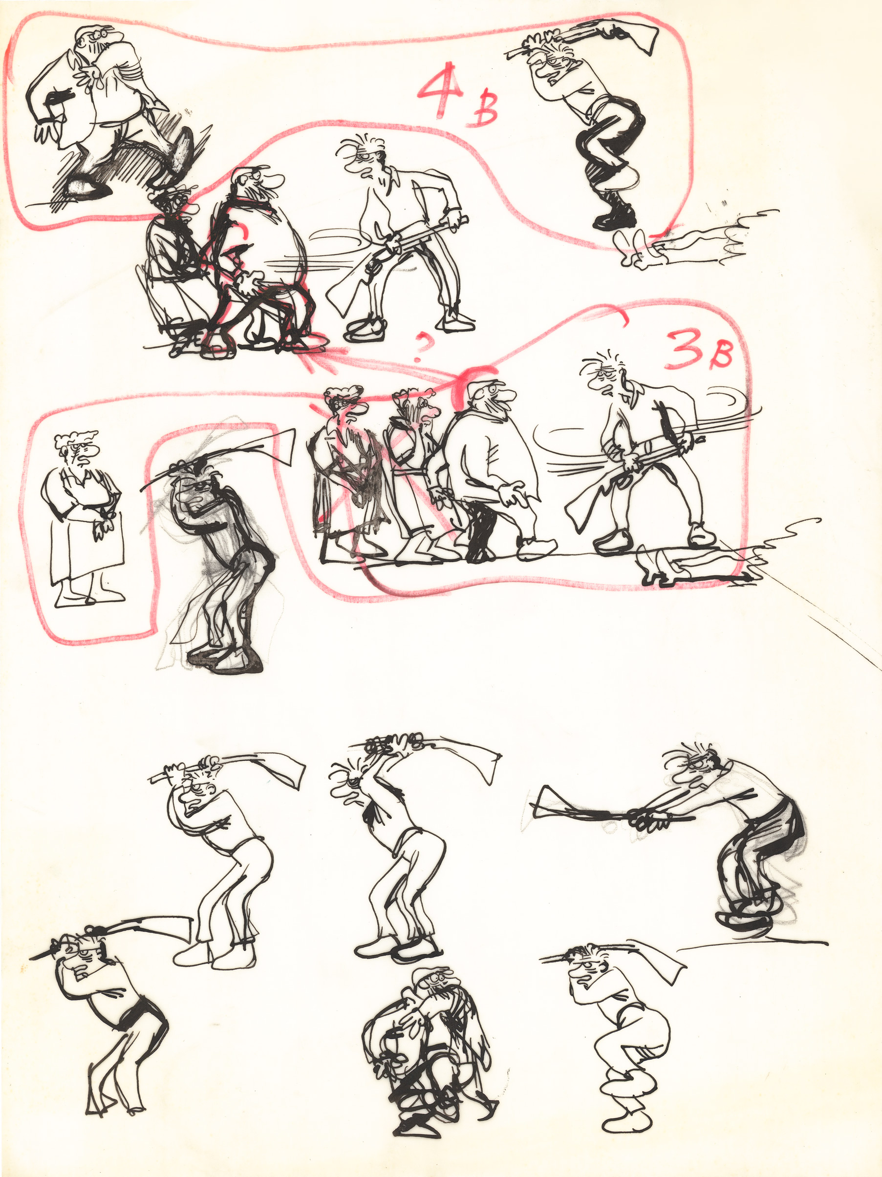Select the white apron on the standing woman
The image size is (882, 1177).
coord(88,537)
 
